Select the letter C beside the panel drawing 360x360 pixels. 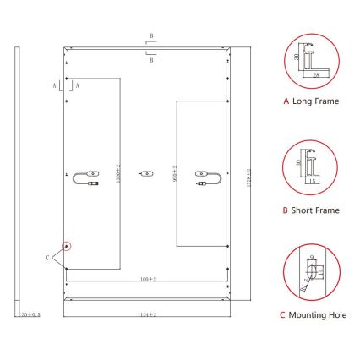pyautogui.click(x=47, y=255)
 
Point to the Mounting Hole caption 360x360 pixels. pyautogui.click(x=319, y=315)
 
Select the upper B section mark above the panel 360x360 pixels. pyautogui.click(x=150, y=39)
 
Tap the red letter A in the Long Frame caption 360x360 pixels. pyautogui.click(x=286, y=101)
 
